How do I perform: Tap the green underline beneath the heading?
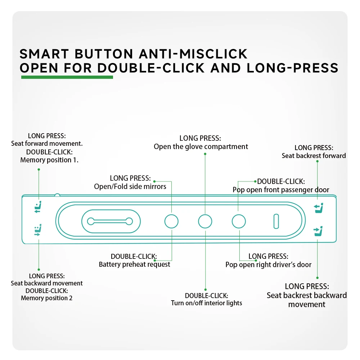click(67, 77)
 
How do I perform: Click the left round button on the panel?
click(171, 221)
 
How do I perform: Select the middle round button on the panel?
click(205, 221)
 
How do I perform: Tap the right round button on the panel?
click(238, 221)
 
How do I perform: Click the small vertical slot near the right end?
click(276, 221)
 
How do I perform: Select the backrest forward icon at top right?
click(318, 207)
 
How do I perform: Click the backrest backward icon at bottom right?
click(318, 231)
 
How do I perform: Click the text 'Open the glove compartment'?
click(201, 147)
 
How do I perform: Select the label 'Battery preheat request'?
click(134, 265)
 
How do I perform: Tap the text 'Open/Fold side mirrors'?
click(130, 186)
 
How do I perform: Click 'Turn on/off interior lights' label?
click(206, 303)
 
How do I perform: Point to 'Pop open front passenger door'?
click(281, 190)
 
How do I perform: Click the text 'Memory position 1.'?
click(49, 160)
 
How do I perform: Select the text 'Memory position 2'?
click(47, 298)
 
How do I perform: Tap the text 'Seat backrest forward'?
click(314, 156)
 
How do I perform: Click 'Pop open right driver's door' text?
click(268, 265)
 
